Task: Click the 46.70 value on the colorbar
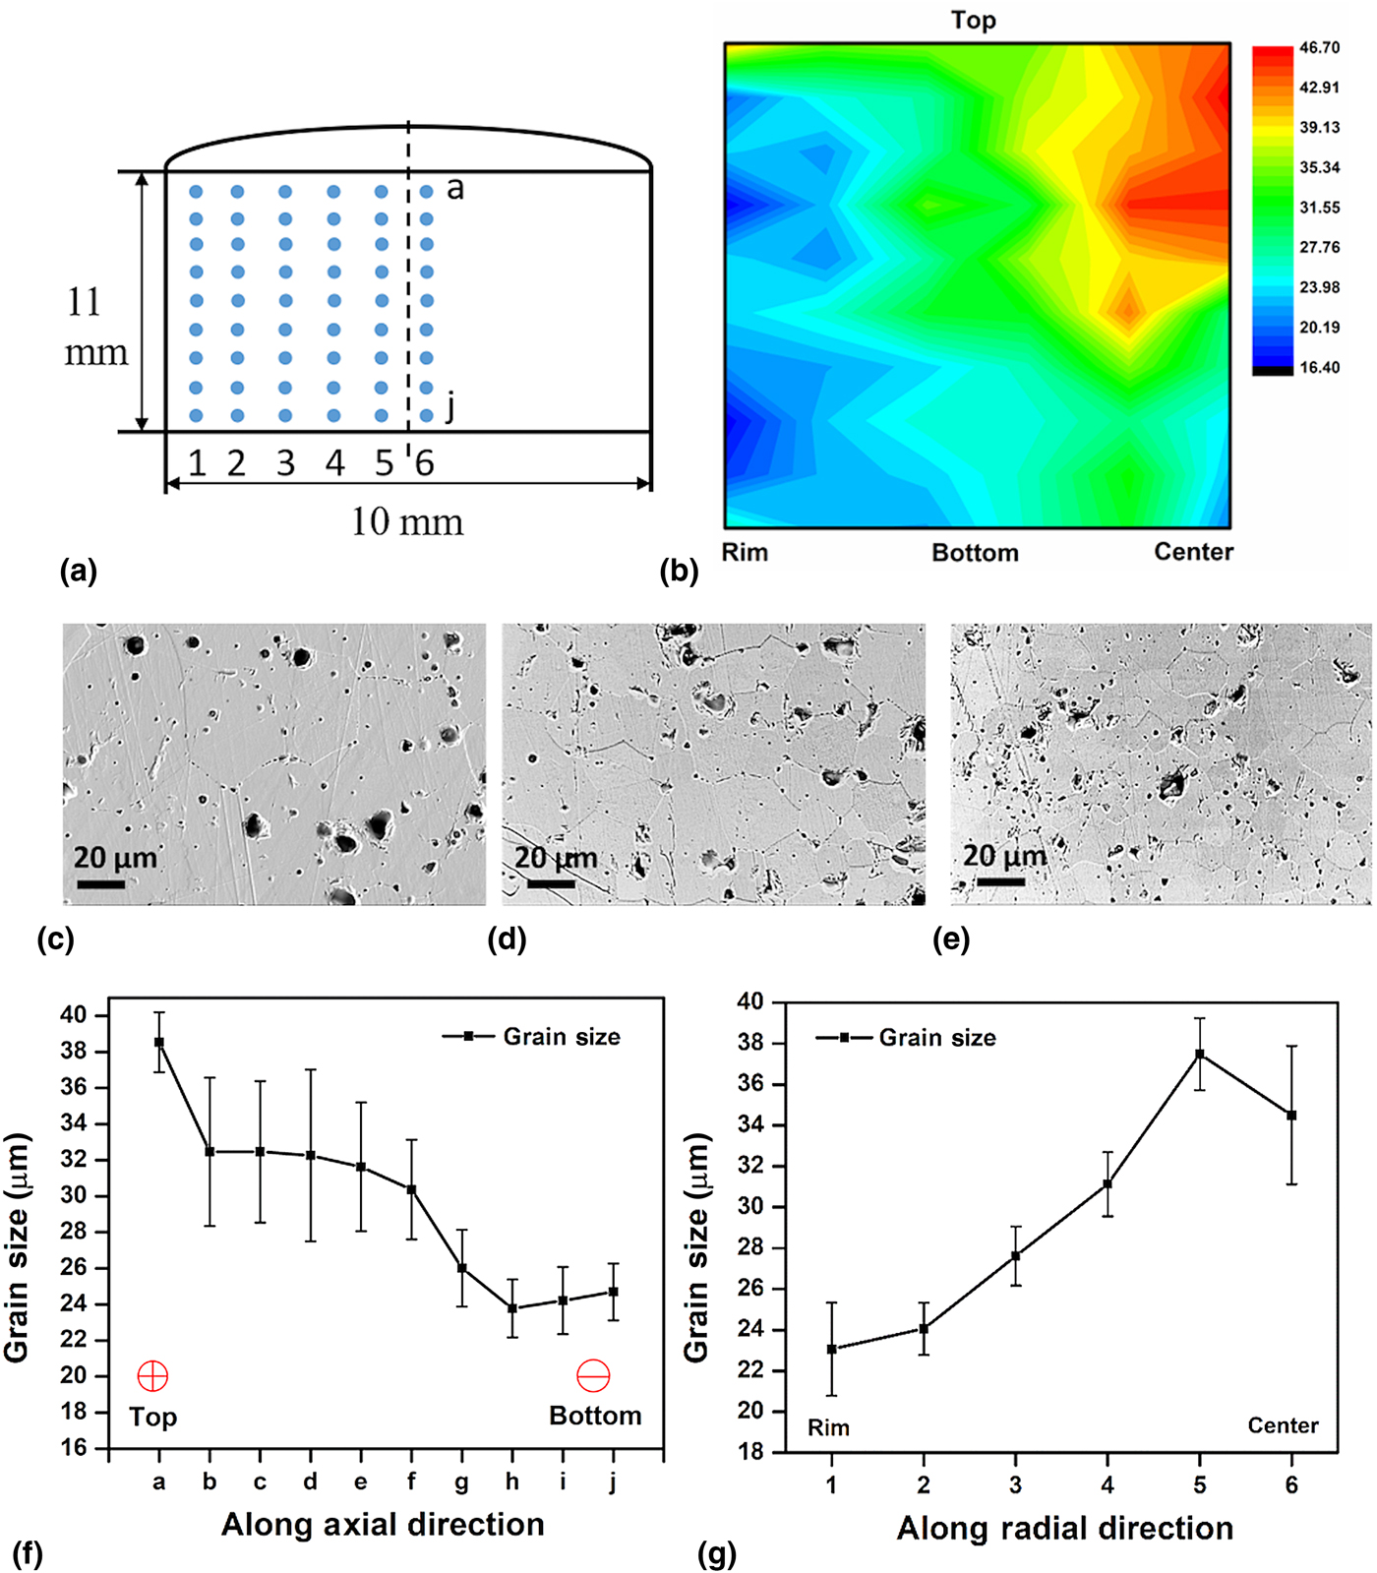1319,48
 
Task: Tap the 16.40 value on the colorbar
1319,368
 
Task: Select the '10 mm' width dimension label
407,521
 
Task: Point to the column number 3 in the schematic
285,462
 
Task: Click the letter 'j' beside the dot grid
450,404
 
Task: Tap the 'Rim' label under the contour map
745,552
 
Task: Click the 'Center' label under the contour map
1193,552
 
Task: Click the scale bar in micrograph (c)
100,884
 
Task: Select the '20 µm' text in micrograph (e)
1004,856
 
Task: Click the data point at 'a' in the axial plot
159,1042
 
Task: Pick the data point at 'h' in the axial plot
512,1308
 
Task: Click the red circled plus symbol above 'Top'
153,1375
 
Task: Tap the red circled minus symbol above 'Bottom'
593,1375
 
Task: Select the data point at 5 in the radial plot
1200,1054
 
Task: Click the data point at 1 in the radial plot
832,1349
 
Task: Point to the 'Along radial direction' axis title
1064,1528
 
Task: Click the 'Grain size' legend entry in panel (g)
936,1038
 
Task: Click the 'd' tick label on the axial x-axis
311,1482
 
